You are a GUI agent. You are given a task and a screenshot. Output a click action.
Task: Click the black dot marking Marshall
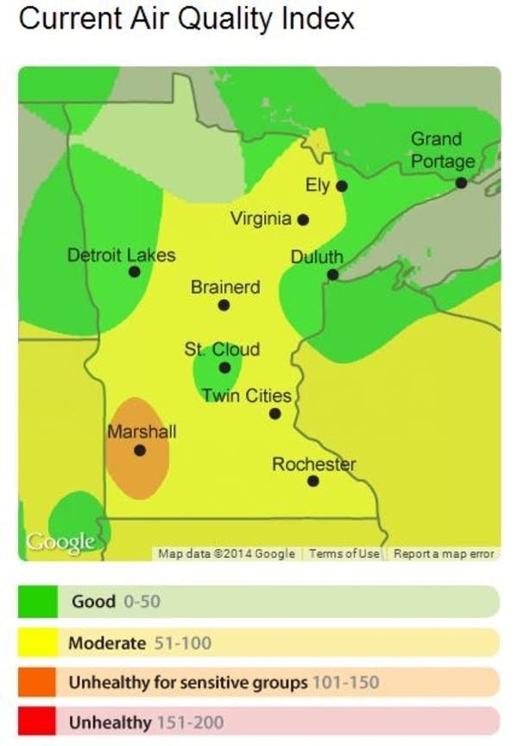tap(140, 450)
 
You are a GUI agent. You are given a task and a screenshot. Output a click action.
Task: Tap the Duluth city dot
tap(332, 275)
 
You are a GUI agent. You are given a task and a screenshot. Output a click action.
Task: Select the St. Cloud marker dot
tap(224, 367)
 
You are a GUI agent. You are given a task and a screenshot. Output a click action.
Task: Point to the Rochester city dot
tap(313, 481)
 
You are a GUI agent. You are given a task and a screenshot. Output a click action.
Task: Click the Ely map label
tap(318, 185)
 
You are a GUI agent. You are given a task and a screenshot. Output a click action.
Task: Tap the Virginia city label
tap(261, 218)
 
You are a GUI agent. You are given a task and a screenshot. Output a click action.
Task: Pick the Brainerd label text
tap(224, 287)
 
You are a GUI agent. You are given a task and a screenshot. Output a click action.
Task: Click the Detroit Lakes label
tap(121, 255)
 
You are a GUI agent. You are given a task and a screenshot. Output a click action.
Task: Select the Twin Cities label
tap(247, 395)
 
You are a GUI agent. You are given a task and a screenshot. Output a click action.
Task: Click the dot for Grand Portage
tap(462, 183)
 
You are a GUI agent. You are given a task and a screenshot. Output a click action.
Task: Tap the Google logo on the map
tap(60, 541)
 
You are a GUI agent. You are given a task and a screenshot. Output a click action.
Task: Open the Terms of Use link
tap(344, 553)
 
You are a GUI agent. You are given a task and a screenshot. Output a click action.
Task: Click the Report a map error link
tap(444, 553)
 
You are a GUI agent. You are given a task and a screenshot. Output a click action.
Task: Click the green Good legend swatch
tap(36, 601)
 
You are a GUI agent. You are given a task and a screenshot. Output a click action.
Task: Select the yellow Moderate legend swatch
tap(36, 642)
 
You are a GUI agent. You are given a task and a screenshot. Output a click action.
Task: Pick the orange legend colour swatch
tap(36, 682)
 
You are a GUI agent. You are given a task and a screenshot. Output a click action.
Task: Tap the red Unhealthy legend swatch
tap(36, 722)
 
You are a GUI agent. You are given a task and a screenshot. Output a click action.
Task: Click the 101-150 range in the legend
tap(345, 682)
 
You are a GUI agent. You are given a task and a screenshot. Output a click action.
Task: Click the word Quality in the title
tap(236, 18)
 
